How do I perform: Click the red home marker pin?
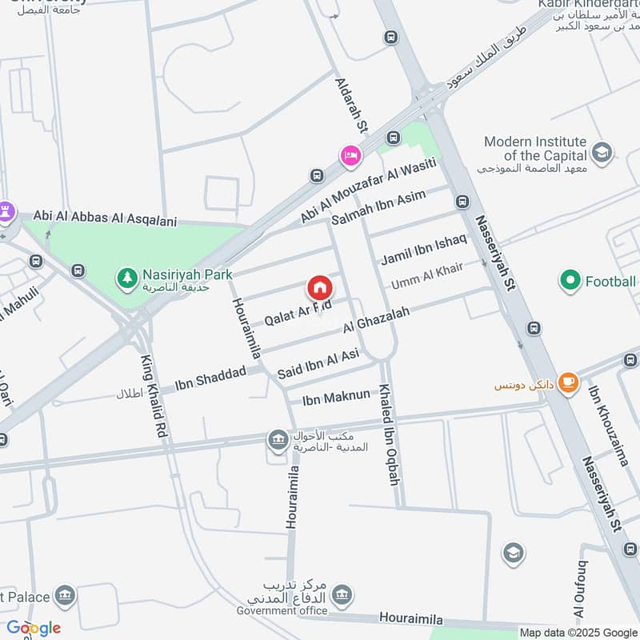point(319,287)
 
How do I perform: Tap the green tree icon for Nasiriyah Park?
point(126,278)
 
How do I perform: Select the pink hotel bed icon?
point(350,154)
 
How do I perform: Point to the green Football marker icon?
point(570,281)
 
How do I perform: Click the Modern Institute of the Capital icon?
point(602,151)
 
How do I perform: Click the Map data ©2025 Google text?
point(578,632)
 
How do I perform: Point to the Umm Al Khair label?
point(427,276)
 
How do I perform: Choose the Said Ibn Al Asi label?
point(318,363)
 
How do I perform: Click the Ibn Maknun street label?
point(336,397)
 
